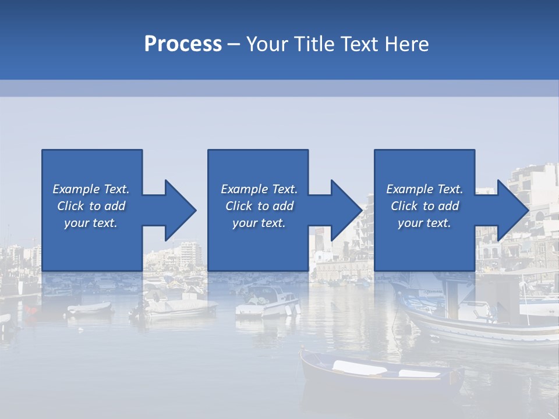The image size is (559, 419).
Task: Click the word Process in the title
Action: (x=183, y=44)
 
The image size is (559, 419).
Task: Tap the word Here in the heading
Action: (x=406, y=44)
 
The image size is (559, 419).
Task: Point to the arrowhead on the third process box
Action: (x=512, y=210)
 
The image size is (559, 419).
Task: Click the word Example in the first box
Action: (x=76, y=189)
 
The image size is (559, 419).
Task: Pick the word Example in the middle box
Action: (x=244, y=189)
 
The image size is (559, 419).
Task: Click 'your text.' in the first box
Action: (x=91, y=223)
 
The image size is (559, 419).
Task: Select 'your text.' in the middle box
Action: (x=259, y=223)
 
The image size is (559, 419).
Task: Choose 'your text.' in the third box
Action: (x=424, y=223)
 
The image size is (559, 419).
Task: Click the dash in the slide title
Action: (x=234, y=44)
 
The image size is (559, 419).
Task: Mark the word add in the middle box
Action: (x=283, y=206)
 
